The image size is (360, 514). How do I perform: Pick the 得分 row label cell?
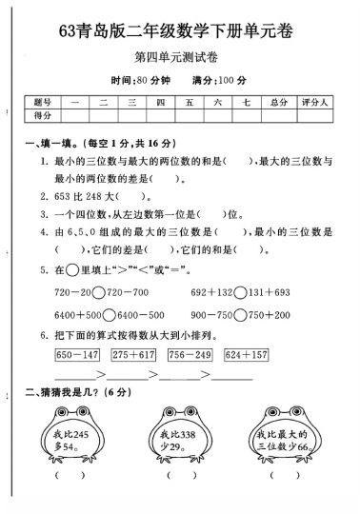click(40, 115)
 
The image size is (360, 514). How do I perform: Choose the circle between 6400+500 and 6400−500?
click(110, 313)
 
